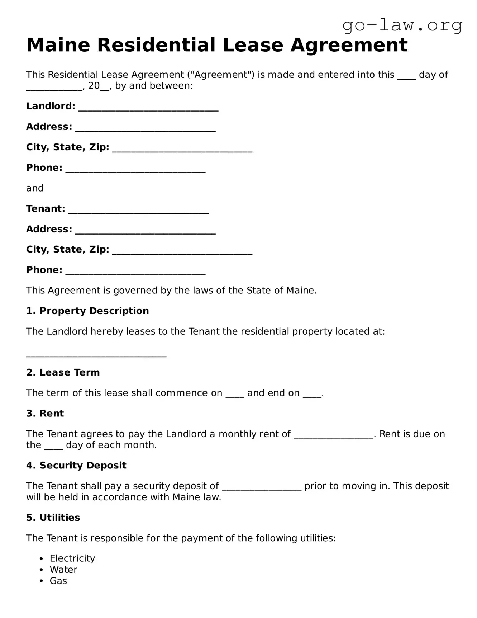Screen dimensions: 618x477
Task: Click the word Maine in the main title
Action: (58, 46)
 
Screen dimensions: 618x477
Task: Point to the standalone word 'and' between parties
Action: (35, 188)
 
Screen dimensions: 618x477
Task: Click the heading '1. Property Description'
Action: (87, 311)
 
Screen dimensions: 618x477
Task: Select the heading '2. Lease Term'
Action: (63, 373)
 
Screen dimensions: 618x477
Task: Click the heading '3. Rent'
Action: (45, 414)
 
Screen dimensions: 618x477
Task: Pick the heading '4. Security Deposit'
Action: (76, 466)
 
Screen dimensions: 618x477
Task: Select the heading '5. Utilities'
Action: (53, 518)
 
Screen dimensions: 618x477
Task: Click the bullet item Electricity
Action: (72, 558)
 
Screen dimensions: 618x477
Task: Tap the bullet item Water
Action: (63, 570)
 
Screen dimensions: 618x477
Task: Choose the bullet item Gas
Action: (58, 581)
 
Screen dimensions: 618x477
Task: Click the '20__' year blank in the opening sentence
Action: (99, 86)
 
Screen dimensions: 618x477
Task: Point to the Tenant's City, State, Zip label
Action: (67, 249)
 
